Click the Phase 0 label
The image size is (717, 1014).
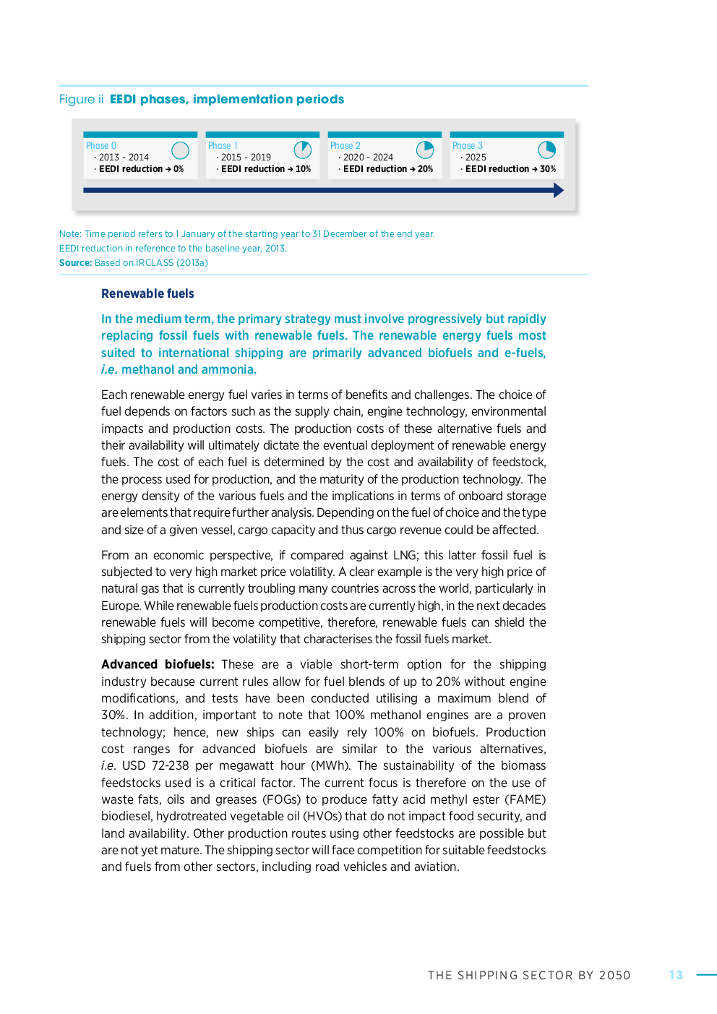(101, 146)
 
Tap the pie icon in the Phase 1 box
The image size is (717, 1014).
(302, 150)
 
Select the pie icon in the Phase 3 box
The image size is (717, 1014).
(546, 150)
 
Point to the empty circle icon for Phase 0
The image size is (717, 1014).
(180, 150)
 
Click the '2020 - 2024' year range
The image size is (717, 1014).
(368, 158)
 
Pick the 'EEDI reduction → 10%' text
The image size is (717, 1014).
(265, 169)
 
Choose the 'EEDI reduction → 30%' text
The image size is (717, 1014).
(510, 169)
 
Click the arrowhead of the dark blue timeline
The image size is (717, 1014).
(558, 190)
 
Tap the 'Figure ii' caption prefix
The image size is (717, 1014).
(81, 100)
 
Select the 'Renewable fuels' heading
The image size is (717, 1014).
(147, 293)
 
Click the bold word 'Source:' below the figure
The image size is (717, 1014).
(75, 263)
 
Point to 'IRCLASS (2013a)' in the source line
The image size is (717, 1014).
(172, 263)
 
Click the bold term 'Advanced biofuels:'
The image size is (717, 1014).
(158, 665)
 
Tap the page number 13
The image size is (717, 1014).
(676, 975)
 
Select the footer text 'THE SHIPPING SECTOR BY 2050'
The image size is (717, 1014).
(529, 976)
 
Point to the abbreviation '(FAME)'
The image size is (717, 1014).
(528, 799)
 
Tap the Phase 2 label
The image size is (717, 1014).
(345, 146)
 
